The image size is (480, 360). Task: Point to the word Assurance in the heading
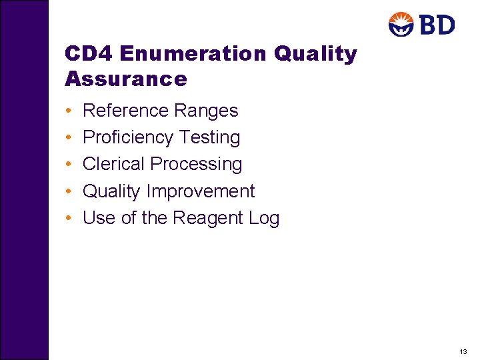(126, 79)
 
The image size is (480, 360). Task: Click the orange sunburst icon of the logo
(402, 25)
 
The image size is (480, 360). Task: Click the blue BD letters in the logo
(437, 25)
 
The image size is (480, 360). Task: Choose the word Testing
(209, 137)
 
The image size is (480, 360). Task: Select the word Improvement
(201, 191)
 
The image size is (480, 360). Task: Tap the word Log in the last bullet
(265, 218)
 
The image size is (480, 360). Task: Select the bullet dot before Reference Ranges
(69, 111)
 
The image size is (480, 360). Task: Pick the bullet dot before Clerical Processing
(69, 165)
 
